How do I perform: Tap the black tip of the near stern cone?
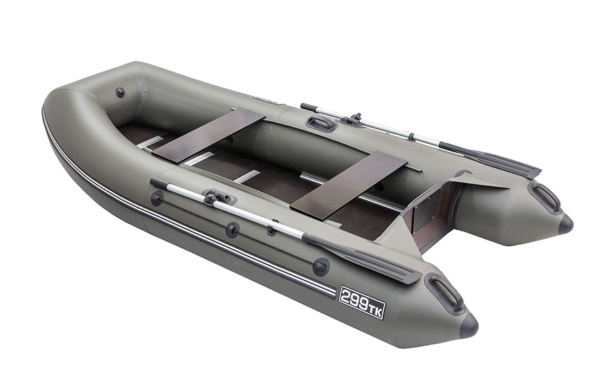tap(469, 326)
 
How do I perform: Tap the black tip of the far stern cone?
tap(565, 224)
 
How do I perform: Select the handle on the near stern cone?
tap(445, 292)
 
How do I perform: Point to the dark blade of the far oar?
tap(491, 158)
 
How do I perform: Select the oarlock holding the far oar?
tap(354, 120)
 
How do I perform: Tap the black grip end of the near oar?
tap(158, 183)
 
